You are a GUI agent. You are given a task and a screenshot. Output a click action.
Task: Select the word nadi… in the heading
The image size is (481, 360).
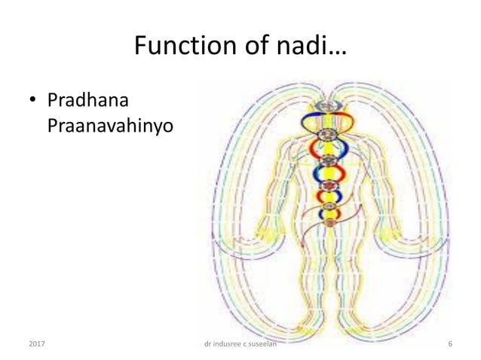pos(309,49)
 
